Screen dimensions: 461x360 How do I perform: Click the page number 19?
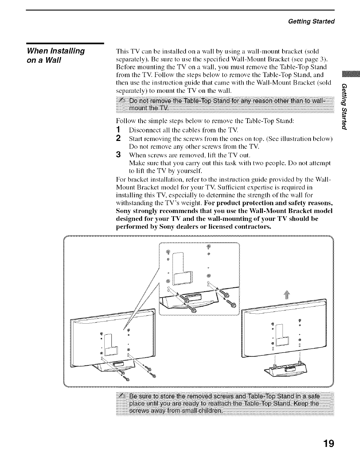[328, 444]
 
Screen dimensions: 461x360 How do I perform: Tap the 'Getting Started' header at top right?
[311, 21]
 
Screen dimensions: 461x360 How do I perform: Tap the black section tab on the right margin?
[346, 77]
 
